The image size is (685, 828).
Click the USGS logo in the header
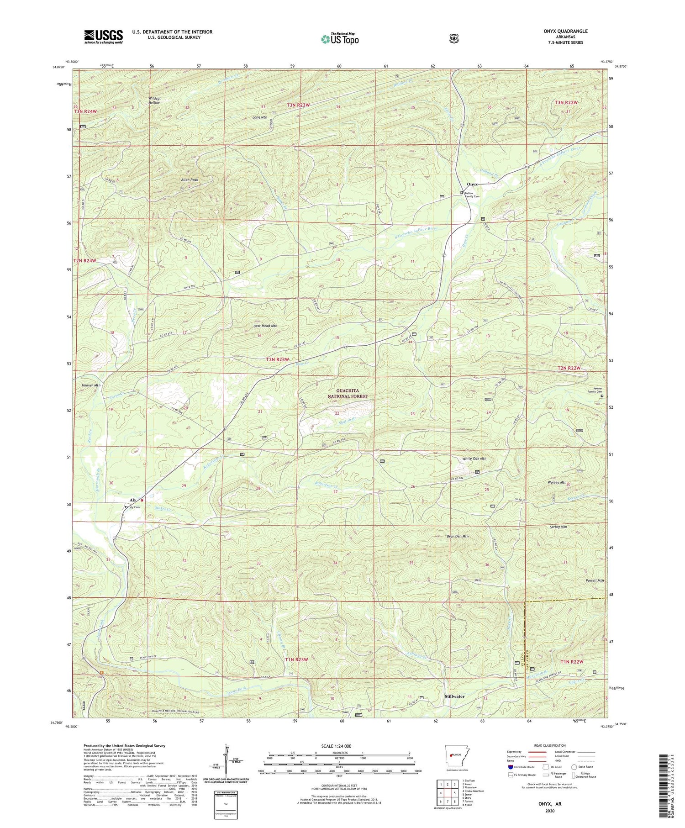click(x=103, y=37)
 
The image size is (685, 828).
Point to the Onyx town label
click(x=472, y=184)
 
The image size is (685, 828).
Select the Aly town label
click(x=133, y=500)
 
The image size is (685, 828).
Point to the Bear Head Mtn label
click(x=266, y=326)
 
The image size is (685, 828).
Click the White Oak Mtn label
click(x=474, y=458)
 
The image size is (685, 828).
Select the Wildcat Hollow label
click(x=154, y=100)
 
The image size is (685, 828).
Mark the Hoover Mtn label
click(x=91, y=385)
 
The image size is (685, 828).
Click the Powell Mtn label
click(x=595, y=580)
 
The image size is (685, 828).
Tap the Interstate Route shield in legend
click(x=510, y=767)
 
